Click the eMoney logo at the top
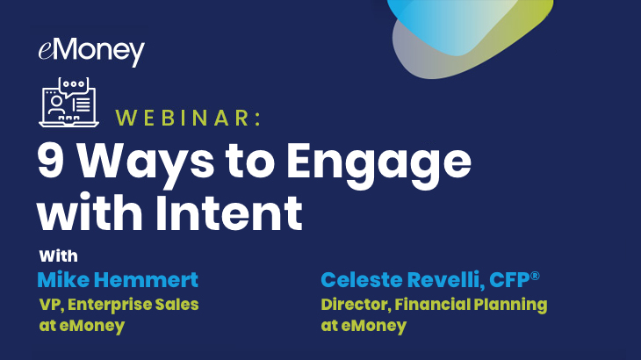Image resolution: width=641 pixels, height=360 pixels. point(91,52)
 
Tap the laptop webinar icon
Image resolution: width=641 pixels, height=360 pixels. point(69,102)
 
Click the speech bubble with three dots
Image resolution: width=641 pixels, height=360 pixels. point(74,86)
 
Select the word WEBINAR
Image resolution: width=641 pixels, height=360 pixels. point(183,118)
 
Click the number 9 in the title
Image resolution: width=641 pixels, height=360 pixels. point(51,161)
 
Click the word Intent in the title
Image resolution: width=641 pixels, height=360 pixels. point(228,212)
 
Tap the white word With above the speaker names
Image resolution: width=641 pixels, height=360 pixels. point(59,256)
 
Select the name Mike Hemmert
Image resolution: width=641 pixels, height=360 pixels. point(118,280)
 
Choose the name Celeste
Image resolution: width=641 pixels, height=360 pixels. point(362,280)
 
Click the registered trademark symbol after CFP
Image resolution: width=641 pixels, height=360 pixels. point(535,276)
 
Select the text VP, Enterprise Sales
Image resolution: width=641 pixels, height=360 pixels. point(119,305)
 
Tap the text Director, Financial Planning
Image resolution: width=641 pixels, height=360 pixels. point(434,306)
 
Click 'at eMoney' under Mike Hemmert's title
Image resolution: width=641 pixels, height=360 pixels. point(82,326)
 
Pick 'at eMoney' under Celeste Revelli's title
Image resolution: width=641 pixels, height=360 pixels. point(364,326)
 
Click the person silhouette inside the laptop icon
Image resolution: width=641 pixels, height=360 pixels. point(56,105)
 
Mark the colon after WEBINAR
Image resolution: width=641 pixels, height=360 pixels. point(257,119)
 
